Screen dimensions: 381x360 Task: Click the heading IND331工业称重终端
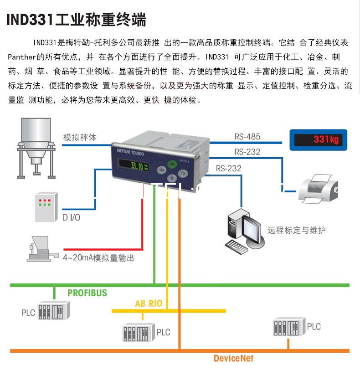[76, 20]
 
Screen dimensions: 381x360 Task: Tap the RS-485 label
[247, 136]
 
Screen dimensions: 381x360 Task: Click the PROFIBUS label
[87, 293]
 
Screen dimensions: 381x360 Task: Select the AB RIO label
[149, 304]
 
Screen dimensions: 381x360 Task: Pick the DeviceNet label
[233, 359]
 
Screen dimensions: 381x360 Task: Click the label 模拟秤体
[80, 137]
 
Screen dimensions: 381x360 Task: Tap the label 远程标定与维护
[296, 230]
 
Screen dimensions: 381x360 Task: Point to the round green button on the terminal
[171, 165]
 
